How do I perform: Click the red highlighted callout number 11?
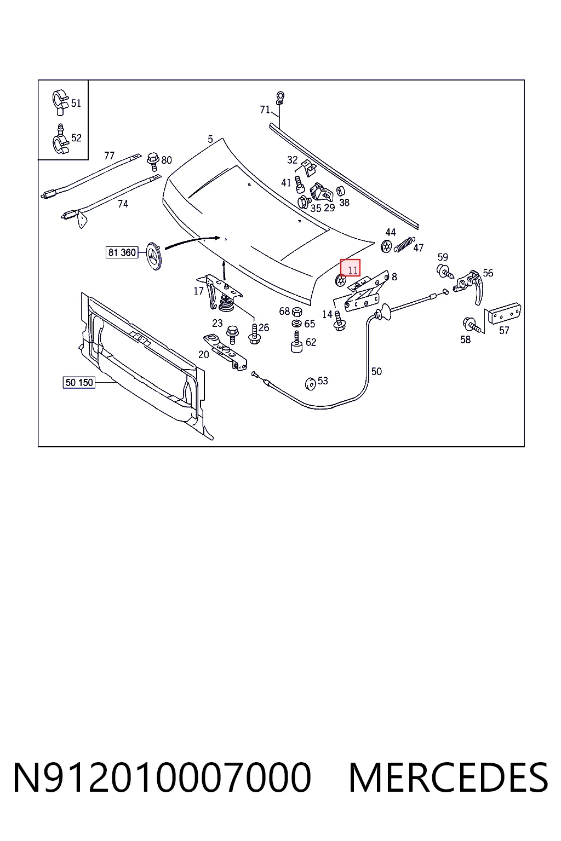pos(350,268)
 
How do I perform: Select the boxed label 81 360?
pos(122,252)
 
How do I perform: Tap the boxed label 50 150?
pos(79,383)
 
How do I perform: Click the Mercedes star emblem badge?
pos(154,256)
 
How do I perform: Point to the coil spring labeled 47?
pos(404,244)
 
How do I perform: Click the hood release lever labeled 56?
pos(471,285)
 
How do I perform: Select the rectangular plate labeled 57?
pos(504,313)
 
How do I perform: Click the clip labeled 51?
pos(60,102)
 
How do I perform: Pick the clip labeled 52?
pos(60,139)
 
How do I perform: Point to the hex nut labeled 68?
pos(297,311)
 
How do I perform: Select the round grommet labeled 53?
pos(311,384)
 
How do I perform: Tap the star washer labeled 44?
pos(386,246)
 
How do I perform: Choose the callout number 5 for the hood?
pos(210,139)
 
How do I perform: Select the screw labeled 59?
pos(445,272)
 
